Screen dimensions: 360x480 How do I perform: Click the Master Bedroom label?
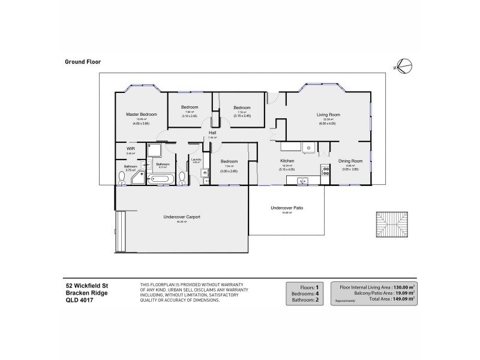coord(142,114)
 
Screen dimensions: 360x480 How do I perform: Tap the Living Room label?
coord(329,114)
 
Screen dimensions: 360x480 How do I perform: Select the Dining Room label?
coord(351,161)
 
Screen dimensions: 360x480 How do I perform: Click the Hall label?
coord(212,133)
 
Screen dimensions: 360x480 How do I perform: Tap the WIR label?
coord(130,148)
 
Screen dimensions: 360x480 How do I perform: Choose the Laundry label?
coord(196,159)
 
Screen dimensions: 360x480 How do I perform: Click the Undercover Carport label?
coord(182,217)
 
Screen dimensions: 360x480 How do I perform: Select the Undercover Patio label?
coord(286,208)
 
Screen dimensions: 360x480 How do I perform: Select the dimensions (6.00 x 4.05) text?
coord(329,123)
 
